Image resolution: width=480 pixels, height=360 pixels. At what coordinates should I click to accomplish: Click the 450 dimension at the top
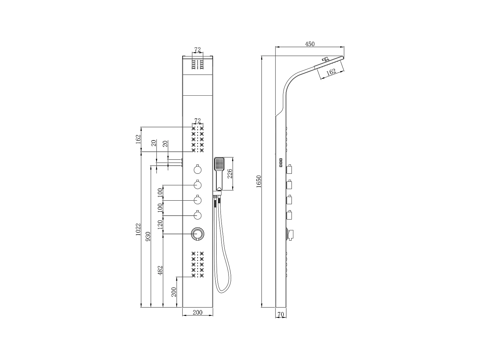pyautogui.click(x=309, y=44)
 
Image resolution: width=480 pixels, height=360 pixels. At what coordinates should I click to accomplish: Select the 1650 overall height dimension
pyautogui.click(x=259, y=181)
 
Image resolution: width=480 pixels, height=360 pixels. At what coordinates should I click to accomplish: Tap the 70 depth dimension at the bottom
pyautogui.click(x=281, y=315)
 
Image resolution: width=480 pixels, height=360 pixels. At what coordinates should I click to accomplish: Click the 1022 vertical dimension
pyautogui.click(x=138, y=229)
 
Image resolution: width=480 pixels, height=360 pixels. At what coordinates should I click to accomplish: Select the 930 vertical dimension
pyautogui.click(x=148, y=236)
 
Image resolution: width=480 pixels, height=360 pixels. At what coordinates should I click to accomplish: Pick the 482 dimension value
pyautogui.click(x=160, y=270)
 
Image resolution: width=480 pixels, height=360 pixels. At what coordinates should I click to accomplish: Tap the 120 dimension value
pyautogui.click(x=160, y=223)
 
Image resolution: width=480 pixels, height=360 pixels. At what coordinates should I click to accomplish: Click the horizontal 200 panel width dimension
pyautogui.click(x=197, y=312)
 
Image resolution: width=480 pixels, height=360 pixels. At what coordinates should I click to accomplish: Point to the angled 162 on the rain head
pyautogui.click(x=331, y=72)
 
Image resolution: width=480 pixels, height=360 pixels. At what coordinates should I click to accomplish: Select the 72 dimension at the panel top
pyautogui.click(x=197, y=50)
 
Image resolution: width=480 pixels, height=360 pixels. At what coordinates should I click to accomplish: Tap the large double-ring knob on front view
pyautogui.click(x=197, y=234)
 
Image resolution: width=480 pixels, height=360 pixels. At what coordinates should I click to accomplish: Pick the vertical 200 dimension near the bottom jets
pyautogui.click(x=174, y=292)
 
